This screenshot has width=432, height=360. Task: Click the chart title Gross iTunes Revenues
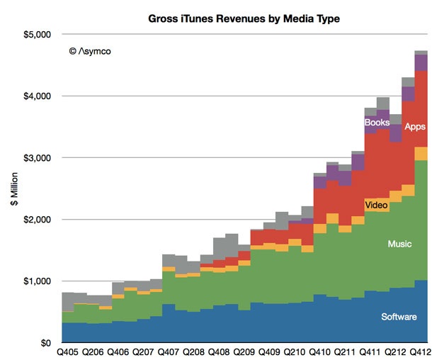[244, 17]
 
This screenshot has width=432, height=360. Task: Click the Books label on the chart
[377, 123]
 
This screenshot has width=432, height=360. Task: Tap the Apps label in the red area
[414, 127]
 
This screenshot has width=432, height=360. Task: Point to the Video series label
[376, 206]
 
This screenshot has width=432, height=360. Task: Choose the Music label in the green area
[399, 244]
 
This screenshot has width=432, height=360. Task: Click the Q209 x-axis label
[245, 352]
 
